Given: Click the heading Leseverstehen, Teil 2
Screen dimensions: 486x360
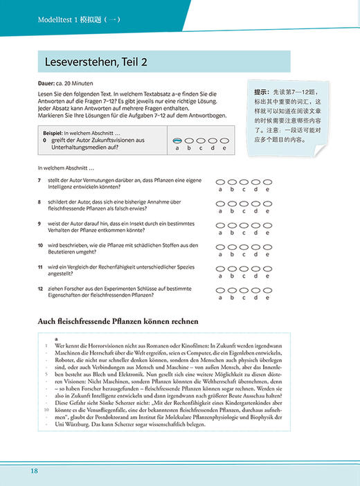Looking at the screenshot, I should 96,62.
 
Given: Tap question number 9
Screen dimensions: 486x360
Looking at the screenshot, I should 40,224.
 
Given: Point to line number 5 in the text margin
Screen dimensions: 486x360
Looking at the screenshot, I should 46,374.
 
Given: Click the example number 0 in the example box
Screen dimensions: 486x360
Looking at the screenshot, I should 44,140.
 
